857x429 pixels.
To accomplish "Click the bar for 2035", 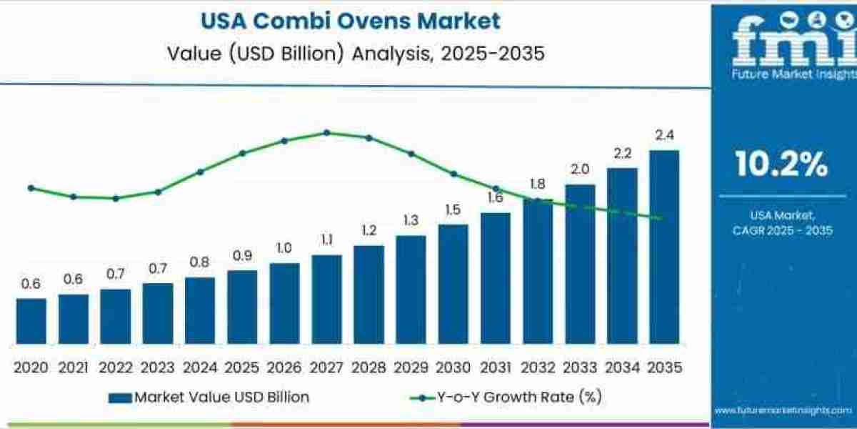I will [x=663, y=247].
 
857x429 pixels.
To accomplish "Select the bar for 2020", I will [x=31, y=321].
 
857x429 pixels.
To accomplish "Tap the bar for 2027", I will [x=326, y=300].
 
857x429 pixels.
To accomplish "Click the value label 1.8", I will [x=538, y=183].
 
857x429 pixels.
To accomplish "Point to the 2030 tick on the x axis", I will [x=453, y=368].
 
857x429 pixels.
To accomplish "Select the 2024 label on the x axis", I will [x=199, y=368].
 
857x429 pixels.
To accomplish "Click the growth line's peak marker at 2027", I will [x=326, y=132].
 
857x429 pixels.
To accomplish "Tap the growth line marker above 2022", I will [x=116, y=198].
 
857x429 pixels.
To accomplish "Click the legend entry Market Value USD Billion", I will [x=209, y=398].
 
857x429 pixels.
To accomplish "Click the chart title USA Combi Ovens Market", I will [x=351, y=21].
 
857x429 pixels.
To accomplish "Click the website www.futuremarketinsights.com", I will [x=783, y=410].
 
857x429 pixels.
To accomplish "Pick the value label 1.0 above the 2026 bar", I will [x=284, y=247].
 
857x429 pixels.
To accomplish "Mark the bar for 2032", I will [x=537, y=272].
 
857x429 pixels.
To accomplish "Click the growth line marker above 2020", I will [x=31, y=188].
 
